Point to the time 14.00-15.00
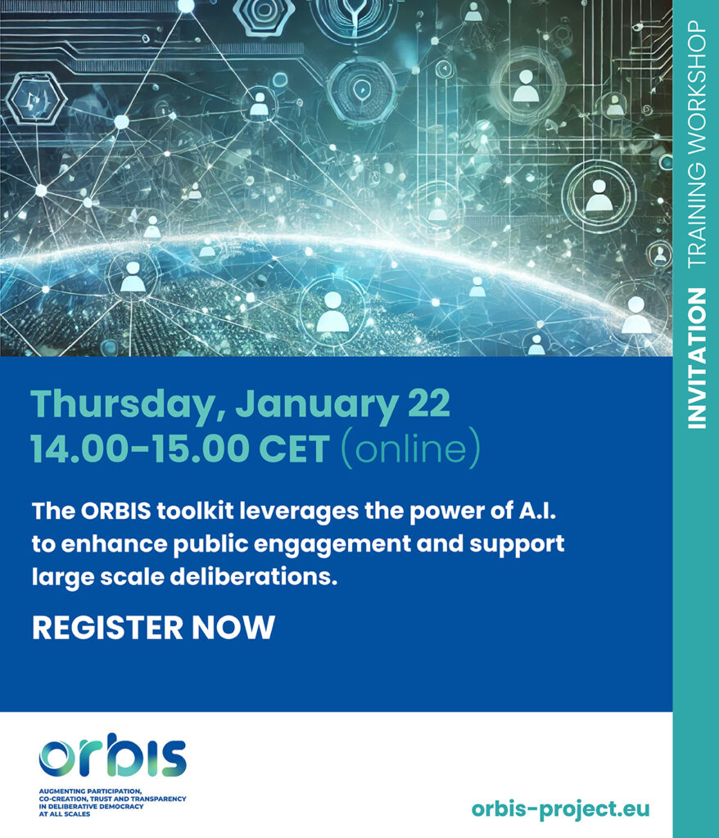click(x=141, y=449)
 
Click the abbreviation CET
click(x=294, y=449)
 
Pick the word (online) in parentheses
click(x=410, y=448)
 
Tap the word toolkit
click(x=195, y=511)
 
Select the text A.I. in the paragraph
click(x=538, y=511)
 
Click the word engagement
click(x=332, y=544)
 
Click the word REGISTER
click(x=107, y=628)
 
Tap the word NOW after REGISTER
click(x=233, y=628)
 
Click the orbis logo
click(x=112, y=755)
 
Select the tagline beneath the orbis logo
click(x=112, y=802)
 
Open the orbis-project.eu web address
click(x=560, y=808)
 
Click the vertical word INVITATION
click(x=696, y=358)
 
